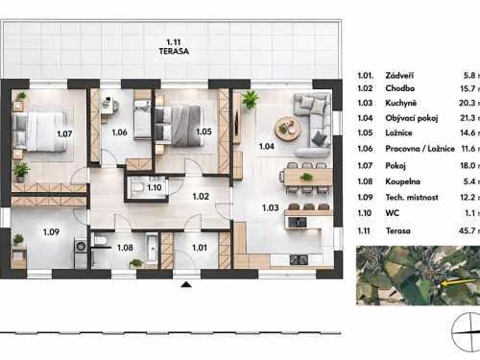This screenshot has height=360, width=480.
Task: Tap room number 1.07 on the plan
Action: (x=64, y=134)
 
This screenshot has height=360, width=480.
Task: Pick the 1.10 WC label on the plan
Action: (x=155, y=187)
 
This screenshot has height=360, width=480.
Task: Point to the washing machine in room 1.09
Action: (x=79, y=245)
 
